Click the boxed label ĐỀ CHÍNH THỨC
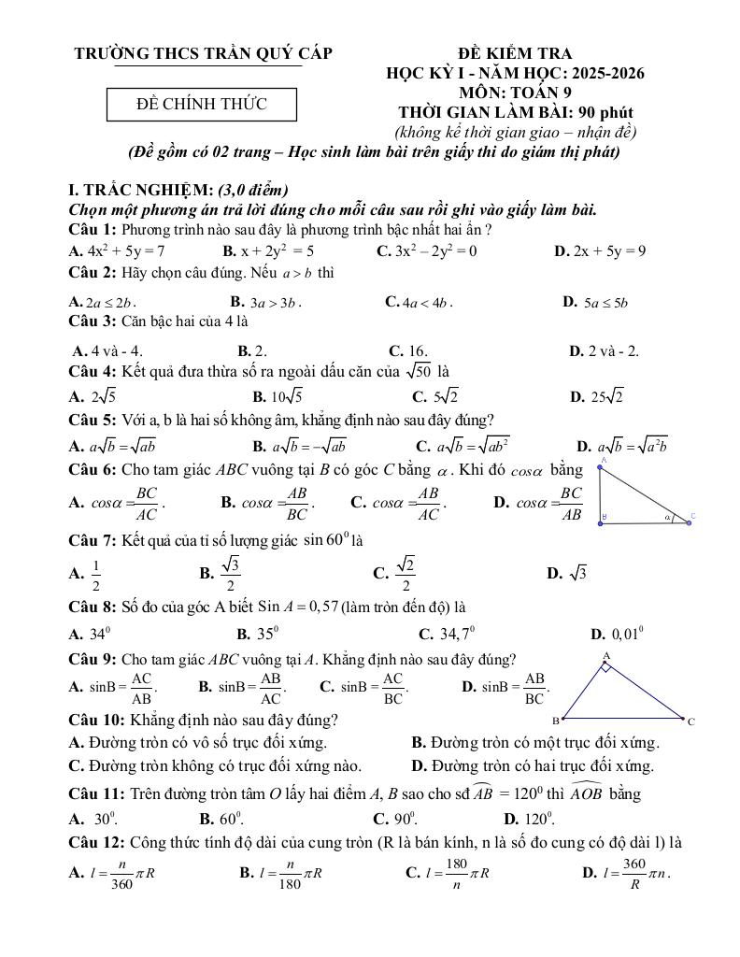(x=202, y=104)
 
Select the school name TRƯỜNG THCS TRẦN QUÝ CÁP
(x=203, y=53)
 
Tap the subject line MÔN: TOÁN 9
(x=516, y=92)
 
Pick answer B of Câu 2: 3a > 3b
(x=265, y=302)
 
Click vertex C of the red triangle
(x=690, y=522)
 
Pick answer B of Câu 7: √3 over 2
(x=221, y=573)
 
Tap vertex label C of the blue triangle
(x=690, y=721)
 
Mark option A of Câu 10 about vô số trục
(x=198, y=743)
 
